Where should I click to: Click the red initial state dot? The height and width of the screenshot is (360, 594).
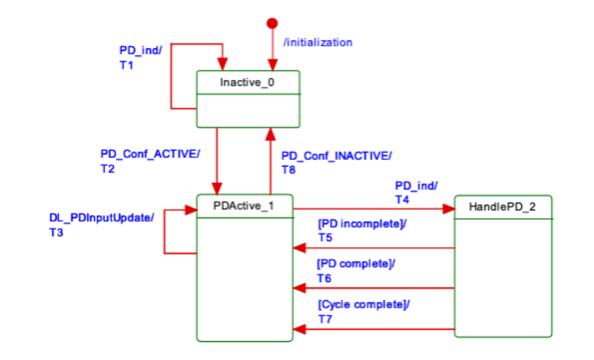tap(272, 24)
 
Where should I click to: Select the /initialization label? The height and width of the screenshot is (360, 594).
tap(318, 42)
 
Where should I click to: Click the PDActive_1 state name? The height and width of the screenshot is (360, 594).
tap(244, 206)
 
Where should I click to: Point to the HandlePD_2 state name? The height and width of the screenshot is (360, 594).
tap(503, 207)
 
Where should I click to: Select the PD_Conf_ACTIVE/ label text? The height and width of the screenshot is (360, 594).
tap(150, 154)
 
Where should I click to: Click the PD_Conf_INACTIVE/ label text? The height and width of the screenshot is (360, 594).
tap(337, 156)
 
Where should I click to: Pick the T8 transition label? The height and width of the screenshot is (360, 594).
tap(288, 170)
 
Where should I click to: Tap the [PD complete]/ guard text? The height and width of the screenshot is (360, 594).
tap(356, 264)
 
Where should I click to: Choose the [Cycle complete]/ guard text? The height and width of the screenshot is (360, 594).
tap(364, 304)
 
